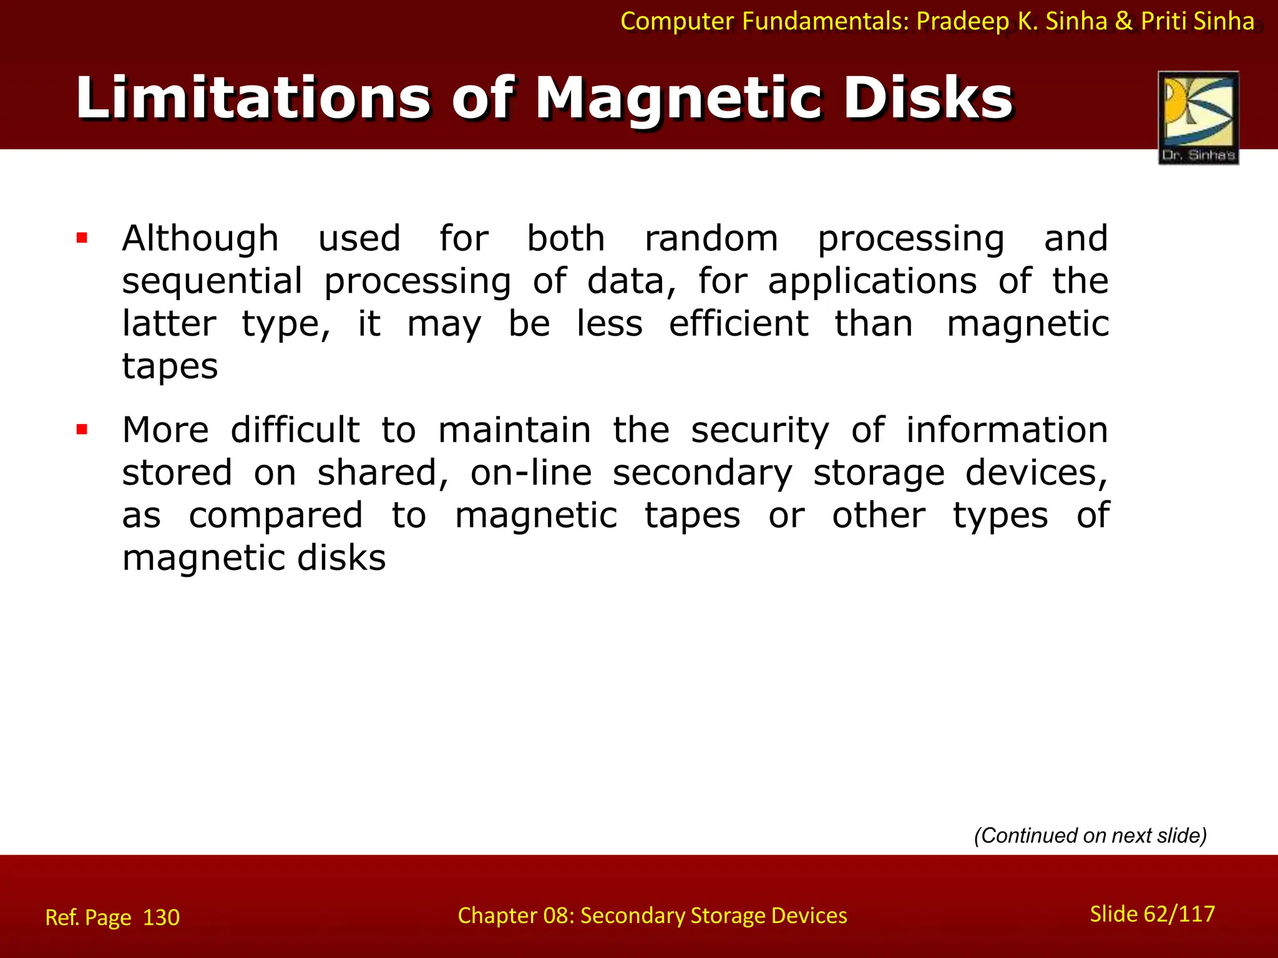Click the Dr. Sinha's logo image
[1198, 117]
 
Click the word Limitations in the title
[253, 98]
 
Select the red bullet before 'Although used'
[82, 238]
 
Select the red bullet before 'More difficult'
[82, 429]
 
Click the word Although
[200, 239]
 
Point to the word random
[711, 239]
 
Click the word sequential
[212, 282]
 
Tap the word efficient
[738, 324]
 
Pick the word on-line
[530, 473]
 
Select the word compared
[275, 516]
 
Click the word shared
[382, 473]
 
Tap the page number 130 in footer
[161, 917]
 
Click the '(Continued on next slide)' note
[1090, 835]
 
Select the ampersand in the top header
[1123, 21]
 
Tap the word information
[1007, 430]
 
